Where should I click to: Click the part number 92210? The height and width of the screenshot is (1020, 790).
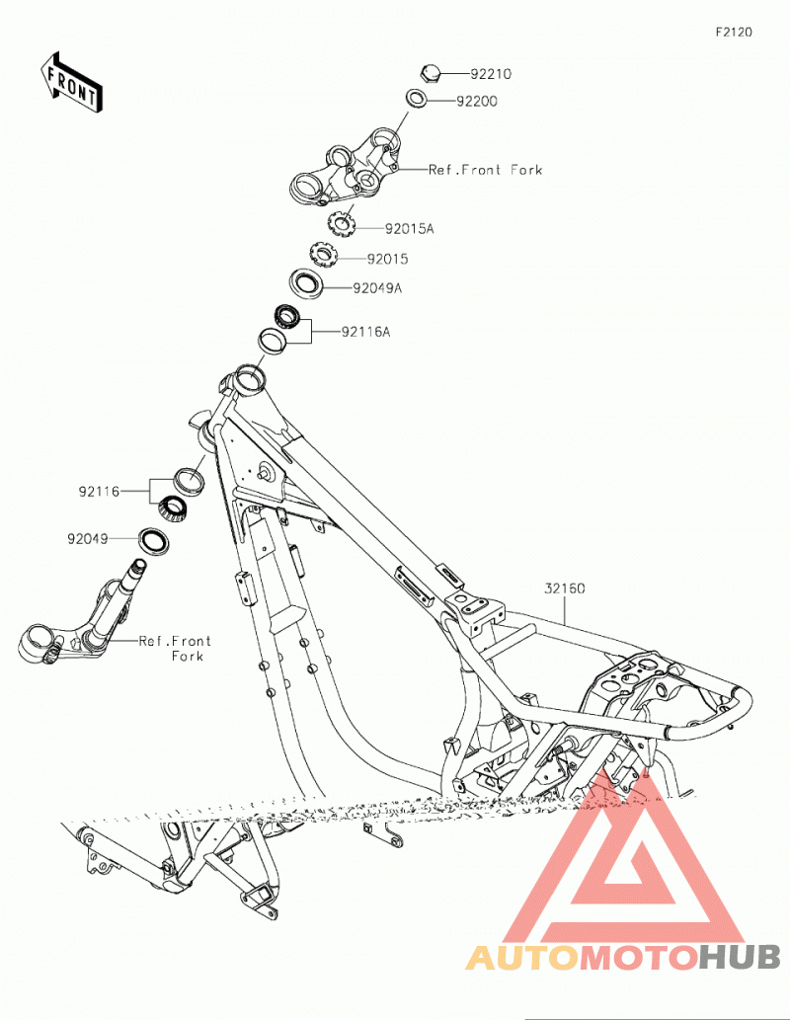491,74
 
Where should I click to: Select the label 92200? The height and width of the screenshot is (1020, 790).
476,102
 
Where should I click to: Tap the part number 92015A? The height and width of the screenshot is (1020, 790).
409,229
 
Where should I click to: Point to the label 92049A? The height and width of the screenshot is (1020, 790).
377,288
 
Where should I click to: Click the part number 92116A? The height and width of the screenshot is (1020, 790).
365,333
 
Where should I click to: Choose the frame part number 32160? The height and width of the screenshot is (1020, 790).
564,588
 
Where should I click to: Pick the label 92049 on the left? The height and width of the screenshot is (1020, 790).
87,539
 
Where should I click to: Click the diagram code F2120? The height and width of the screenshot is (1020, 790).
734,32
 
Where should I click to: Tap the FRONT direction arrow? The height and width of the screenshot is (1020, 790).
71,83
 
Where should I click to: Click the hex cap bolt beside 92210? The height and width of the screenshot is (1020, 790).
430,73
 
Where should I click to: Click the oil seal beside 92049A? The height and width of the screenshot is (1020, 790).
305,283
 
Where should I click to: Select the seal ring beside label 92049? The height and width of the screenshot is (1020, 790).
154,540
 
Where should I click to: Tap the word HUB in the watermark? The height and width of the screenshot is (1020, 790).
741,957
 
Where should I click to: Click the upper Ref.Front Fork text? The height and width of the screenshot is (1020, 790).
486,170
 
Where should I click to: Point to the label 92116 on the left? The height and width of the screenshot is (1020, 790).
99,492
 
